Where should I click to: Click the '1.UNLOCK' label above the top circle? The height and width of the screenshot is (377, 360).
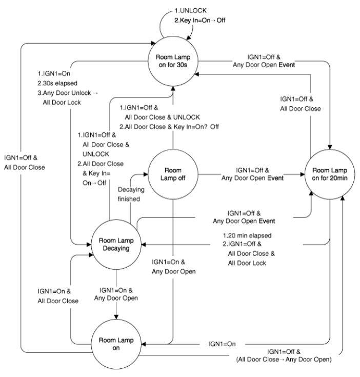click(x=191, y=11)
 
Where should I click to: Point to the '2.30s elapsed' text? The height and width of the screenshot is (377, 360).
click(x=57, y=83)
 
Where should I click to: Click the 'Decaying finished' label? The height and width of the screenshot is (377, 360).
click(x=131, y=194)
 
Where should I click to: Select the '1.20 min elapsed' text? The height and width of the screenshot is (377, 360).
click(x=247, y=235)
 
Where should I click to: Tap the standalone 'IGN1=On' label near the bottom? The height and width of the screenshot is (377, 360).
click(x=222, y=344)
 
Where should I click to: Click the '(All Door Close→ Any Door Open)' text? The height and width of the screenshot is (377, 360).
click(x=284, y=360)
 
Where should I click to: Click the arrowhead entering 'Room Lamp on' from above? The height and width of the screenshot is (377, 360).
click(x=116, y=317)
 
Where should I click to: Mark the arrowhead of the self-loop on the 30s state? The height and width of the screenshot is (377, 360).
click(x=189, y=37)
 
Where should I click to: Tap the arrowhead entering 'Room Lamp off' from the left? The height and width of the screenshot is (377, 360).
click(x=146, y=174)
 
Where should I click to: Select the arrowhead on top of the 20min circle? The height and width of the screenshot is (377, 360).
click(x=330, y=147)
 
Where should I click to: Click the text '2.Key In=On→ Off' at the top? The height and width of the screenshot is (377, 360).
click(x=200, y=20)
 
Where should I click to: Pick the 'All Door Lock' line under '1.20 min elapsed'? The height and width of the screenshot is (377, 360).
click(x=247, y=263)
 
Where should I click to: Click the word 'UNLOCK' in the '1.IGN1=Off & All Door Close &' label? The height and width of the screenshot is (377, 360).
click(x=96, y=154)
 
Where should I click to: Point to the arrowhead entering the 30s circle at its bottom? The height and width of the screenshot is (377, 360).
click(x=173, y=88)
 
